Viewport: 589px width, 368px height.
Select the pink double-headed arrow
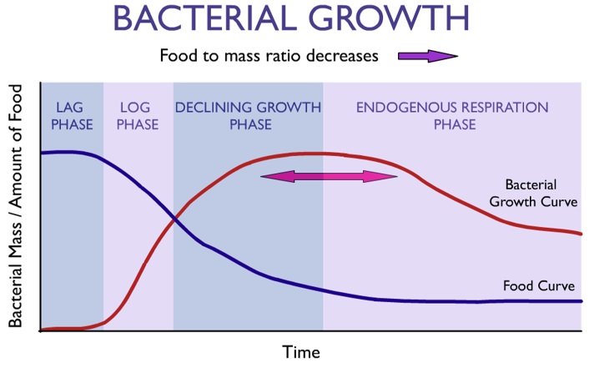point(330,176)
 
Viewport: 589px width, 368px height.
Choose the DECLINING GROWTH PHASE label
point(248,116)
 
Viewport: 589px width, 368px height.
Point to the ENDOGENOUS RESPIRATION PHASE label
point(452,116)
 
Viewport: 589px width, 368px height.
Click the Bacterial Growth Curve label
point(541,193)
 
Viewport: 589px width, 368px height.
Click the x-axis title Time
point(301,351)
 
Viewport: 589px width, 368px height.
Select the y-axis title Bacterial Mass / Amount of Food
point(16,205)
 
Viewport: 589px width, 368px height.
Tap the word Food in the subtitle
point(178,57)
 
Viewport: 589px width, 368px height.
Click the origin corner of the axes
point(39,331)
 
